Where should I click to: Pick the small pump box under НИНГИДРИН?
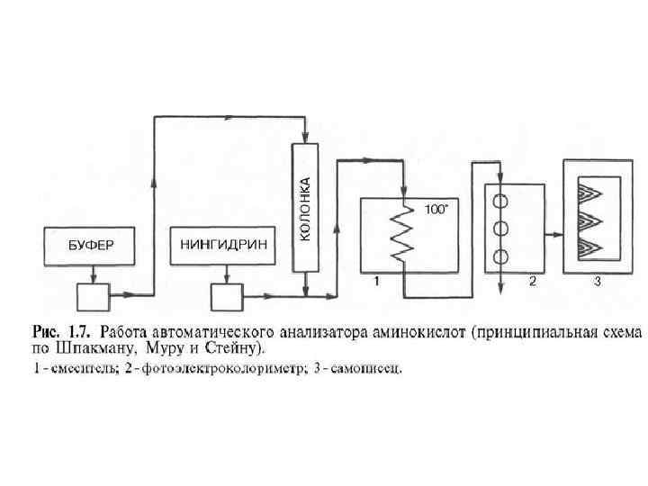point(226,294)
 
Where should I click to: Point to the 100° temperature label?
point(436,209)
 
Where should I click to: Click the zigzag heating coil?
point(403,234)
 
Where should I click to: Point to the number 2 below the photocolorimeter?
point(532,282)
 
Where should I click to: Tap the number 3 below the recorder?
point(597,283)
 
